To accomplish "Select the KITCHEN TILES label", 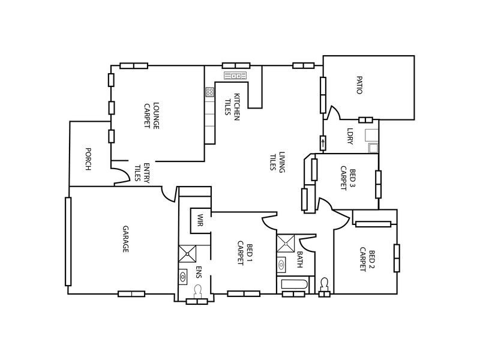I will [x=233, y=107].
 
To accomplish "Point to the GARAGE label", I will [x=125, y=239].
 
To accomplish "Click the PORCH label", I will [x=88, y=159].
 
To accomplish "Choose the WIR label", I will [x=200, y=220].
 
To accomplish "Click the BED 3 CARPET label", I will [x=348, y=178].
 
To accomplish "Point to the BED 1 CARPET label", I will [x=245, y=253].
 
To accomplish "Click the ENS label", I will [x=197, y=273].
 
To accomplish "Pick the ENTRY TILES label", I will [x=141, y=173].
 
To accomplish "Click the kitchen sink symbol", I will [x=236, y=76].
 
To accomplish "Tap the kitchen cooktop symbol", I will [x=210, y=92].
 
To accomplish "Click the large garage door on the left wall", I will [x=68, y=241].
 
